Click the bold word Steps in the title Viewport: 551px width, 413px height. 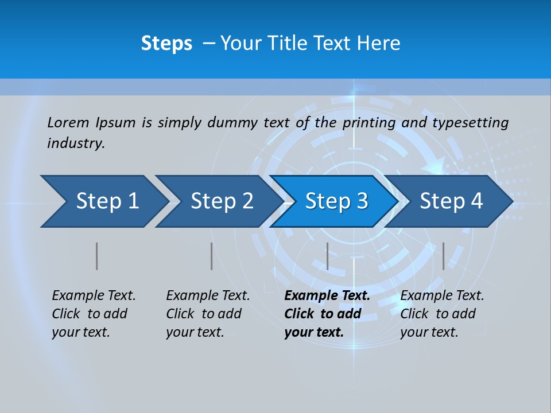(x=166, y=44)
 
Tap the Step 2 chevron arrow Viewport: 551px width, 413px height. (x=222, y=201)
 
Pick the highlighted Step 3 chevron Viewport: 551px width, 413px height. (x=336, y=201)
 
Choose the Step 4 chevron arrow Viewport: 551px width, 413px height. (x=451, y=201)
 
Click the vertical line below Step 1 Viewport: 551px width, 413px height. (x=96, y=256)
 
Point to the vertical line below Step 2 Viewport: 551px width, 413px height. (x=211, y=256)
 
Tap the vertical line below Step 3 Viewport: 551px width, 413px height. (x=327, y=256)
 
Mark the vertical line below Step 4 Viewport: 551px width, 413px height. (x=443, y=256)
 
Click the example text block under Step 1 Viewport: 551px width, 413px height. (x=94, y=314)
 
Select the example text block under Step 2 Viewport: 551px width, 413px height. (x=208, y=314)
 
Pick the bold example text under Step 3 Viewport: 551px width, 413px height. (x=327, y=314)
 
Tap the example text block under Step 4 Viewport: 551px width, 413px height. (x=442, y=314)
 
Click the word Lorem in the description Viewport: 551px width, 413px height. (x=68, y=122)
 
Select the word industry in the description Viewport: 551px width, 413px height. (x=76, y=143)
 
